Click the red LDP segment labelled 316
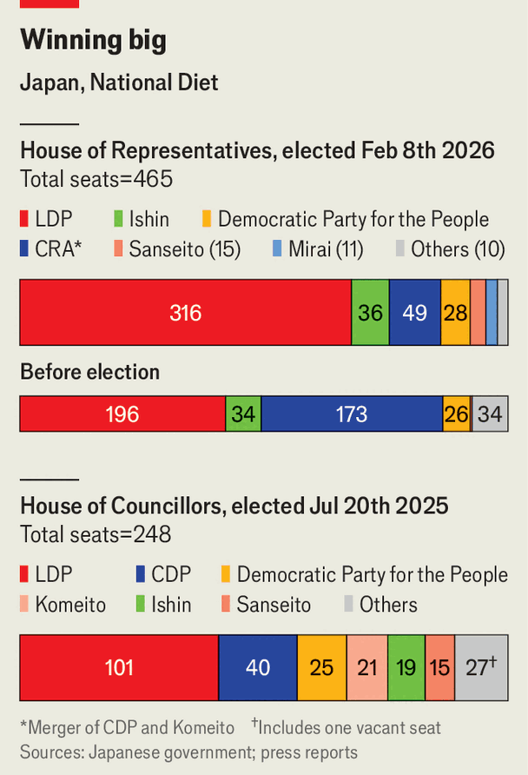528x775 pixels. (185, 313)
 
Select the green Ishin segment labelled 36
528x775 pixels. (370, 313)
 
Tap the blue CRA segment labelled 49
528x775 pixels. (414, 313)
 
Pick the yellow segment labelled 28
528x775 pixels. (455, 313)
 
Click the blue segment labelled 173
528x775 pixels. (352, 414)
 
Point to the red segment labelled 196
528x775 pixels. (122, 414)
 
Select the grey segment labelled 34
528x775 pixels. (490, 414)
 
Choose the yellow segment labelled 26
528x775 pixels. (456, 414)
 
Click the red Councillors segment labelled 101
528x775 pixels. (119, 667)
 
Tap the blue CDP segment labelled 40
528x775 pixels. (257, 667)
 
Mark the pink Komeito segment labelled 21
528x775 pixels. (367, 667)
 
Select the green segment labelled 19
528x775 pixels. (406, 667)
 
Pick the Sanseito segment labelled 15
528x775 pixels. (440, 667)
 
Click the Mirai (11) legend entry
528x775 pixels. (329, 248)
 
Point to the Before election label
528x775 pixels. (89, 372)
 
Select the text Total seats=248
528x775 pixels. (96, 533)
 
